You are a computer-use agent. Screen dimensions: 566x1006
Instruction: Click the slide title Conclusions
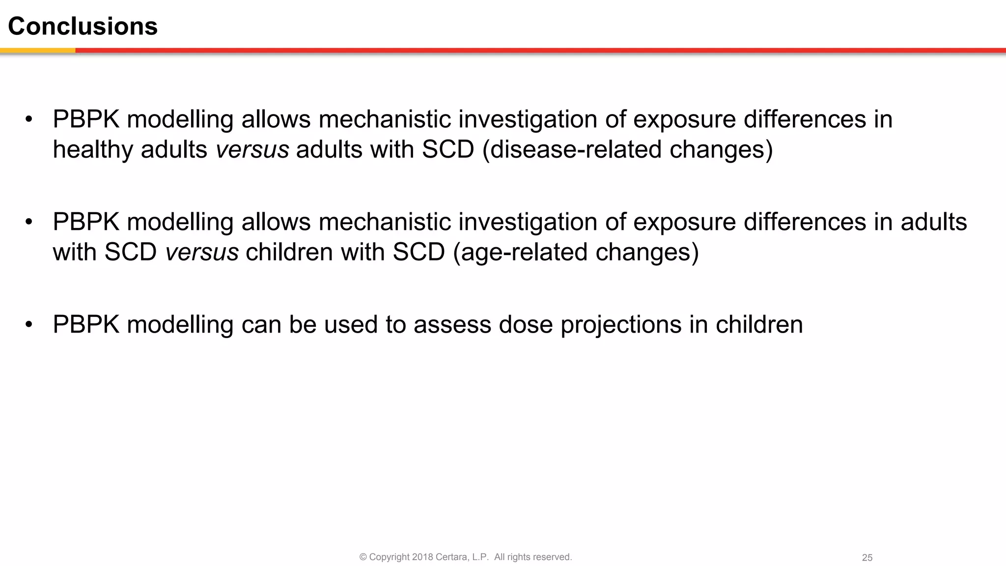click(x=83, y=26)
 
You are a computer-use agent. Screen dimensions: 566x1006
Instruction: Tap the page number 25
click(x=867, y=558)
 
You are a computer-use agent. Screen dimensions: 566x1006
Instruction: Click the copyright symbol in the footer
click(x=363, y=557)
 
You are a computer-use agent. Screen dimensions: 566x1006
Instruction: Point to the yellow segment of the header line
click(x=37, y=50)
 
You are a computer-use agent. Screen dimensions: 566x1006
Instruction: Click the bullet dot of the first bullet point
click(x=29, y=119)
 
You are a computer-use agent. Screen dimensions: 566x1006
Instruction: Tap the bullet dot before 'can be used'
click(x=29, y=324)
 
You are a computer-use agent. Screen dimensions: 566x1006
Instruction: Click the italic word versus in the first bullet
click(x=252, y=149)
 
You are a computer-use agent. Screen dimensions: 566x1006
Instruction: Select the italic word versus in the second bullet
click(x=202, y=252)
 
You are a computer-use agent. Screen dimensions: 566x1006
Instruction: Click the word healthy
click(x=93, y=149)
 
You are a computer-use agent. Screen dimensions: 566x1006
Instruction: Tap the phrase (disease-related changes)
click(x=627, y=149)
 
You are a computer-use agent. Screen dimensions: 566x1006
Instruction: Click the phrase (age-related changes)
click(x=575, y=252)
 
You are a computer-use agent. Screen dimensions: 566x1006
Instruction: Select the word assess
click(x=452, y=325)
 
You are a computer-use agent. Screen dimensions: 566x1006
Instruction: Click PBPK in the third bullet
click(x=86, y=325)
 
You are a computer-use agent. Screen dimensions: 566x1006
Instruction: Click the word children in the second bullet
click(x=289, y=252)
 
